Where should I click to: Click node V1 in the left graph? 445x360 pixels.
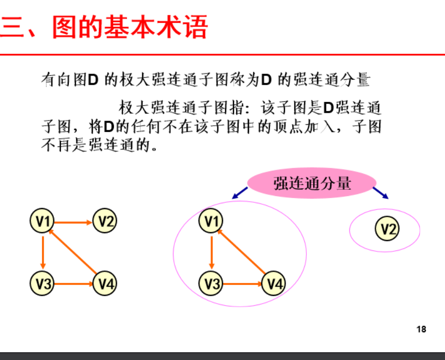43,222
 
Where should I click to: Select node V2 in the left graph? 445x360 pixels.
105,222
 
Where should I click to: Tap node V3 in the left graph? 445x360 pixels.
43,283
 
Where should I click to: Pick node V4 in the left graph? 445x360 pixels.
105,283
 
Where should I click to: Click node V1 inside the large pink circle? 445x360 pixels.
211,222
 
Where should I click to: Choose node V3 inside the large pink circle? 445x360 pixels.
211,283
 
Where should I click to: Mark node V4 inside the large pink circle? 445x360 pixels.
274,283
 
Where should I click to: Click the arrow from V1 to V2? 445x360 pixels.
73,223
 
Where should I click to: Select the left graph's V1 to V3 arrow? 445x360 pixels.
43,253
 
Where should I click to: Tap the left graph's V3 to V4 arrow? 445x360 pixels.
73,283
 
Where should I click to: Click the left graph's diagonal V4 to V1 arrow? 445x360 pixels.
73,252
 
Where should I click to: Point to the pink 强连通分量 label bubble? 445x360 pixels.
312,183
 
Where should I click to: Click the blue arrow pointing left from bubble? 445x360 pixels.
240,193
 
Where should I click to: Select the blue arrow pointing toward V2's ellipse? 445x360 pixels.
381,193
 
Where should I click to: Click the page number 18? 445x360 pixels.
421,329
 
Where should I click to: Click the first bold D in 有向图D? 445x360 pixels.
93,80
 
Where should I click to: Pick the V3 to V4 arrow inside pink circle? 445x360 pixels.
242,283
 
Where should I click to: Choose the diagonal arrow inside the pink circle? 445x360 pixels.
242,252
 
